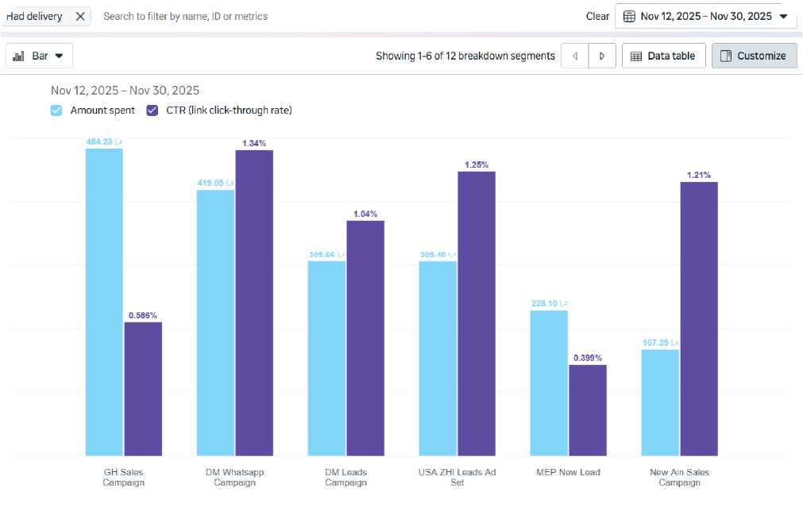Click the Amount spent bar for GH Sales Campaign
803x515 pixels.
pos(104,302)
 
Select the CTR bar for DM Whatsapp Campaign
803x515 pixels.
pos(254,302)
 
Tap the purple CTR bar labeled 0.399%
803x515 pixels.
pos(588,410)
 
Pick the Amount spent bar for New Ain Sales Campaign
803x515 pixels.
pos(660,402)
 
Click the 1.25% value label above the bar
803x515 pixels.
pos(477,165)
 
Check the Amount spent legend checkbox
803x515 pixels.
pos(56,110)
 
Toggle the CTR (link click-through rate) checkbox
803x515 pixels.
pos(152,110)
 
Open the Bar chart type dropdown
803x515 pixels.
pos(39,56)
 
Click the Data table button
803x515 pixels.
pos(663,56)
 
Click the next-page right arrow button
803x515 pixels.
pos(602,56)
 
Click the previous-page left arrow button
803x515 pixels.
pos(575,56)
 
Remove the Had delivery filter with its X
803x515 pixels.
pos(80,16)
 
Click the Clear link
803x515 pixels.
pos(597,16)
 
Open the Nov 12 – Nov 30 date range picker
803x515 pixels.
pos(705,16)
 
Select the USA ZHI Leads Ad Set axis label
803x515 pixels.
pos(457,477)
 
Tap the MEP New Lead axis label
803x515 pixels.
pos(569,472)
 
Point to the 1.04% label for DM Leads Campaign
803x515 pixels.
pos(365,214)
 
